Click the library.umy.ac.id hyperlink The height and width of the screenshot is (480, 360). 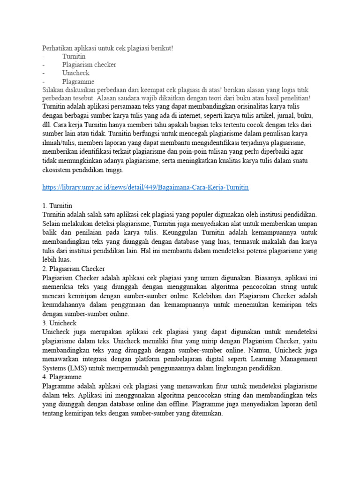(145, 187)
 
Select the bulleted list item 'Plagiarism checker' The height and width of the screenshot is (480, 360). (89, 65)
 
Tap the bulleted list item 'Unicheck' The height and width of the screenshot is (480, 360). (75, 73)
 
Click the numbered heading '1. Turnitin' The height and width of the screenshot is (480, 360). (57, 205)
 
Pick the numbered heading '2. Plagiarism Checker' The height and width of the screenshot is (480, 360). (74, 268)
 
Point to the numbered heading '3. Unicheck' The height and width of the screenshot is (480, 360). (60, 323)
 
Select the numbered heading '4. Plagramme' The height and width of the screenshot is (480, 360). (62, 377)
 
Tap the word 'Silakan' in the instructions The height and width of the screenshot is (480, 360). (53, 90)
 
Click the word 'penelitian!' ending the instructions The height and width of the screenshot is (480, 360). (293, 98)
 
